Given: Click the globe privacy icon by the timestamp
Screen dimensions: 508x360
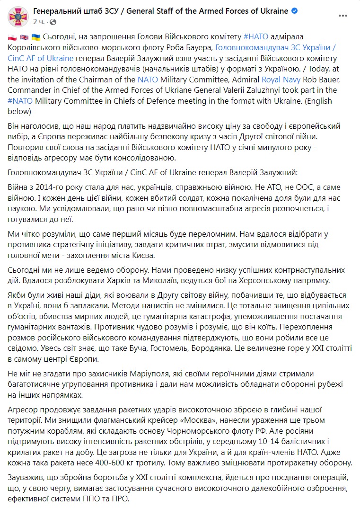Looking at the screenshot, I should point(53,22).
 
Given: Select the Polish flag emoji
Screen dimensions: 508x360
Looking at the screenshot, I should point(12,36).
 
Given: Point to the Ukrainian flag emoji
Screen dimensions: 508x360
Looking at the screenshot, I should point(35,36).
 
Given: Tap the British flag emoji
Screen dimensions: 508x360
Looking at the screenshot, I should point(24,36).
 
